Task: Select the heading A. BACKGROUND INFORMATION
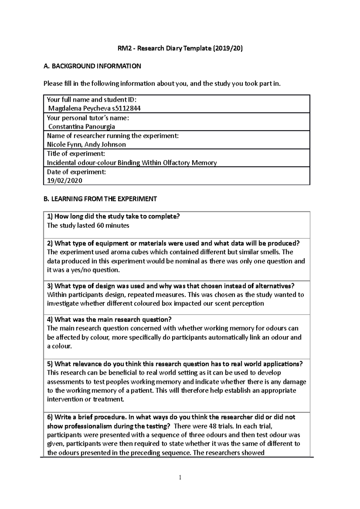[92, 66]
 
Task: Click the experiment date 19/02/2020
[64, 180]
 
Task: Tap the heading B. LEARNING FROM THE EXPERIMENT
[100, 199]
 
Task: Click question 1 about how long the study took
[113, 216]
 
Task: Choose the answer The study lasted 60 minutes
[88, 225]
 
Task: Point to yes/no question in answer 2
[91, 270]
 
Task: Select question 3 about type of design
[170, 286]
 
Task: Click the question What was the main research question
[109, 319]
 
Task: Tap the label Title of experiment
[76, 154]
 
